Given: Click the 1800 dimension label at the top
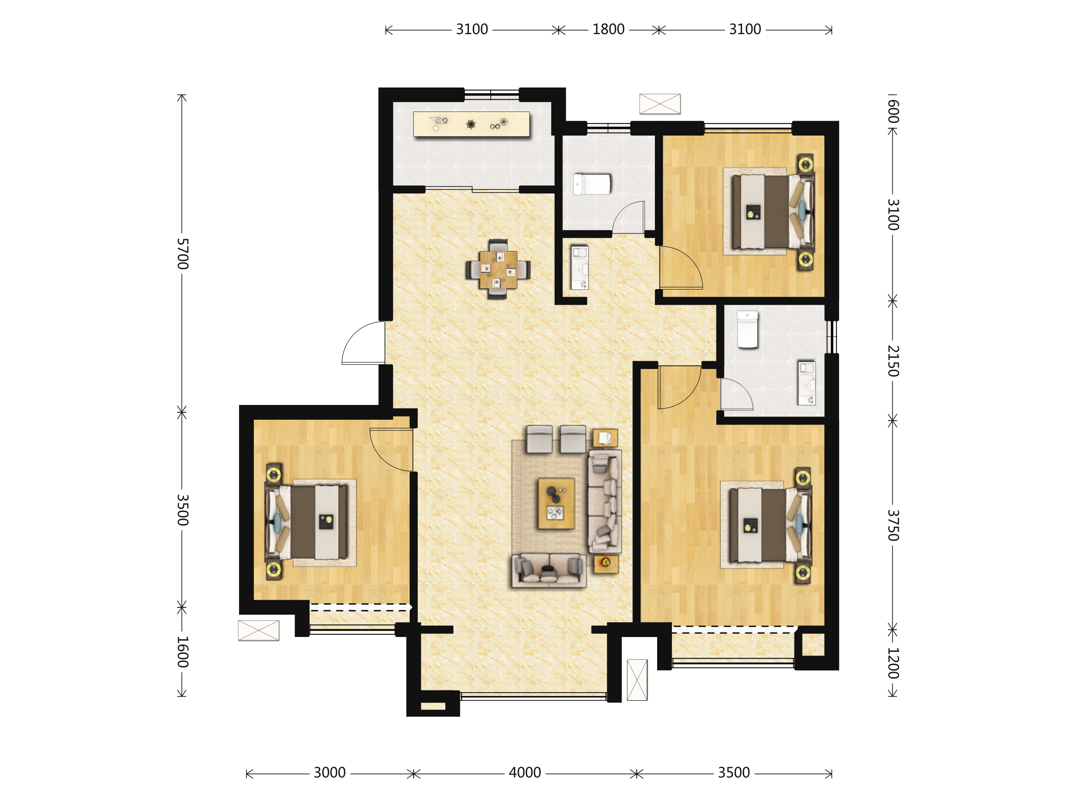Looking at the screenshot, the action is click(x=608, y=30).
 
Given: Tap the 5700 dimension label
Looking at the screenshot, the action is click(x=182, y=254).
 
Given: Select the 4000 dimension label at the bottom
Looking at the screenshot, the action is click(x=525, y=773).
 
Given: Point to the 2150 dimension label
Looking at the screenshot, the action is click(x=892, y=361).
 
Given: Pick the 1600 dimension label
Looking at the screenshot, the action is click(x=182, y=652).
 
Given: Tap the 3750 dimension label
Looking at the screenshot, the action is click(x=892, y=526).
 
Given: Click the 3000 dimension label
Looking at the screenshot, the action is click(x=329, y=773).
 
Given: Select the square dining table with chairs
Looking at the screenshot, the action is click(x=498, y=269).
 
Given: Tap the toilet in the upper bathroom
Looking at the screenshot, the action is click(x=592, y=184).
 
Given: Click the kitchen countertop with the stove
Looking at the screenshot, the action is click(x=471, y=124).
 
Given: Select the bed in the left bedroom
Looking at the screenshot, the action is click(x=306, y=522).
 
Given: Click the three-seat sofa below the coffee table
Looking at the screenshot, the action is click(x=549, y=570).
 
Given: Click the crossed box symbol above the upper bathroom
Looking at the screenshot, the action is click(x=660, y=104).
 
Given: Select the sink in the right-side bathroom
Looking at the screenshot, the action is click(x=806, y=383).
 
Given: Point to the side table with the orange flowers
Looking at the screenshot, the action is click(x=606, y=563).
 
